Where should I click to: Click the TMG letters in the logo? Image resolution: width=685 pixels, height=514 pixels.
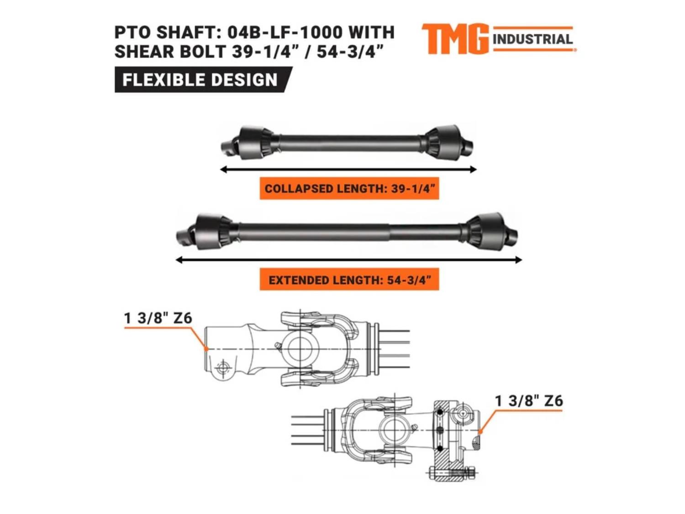455,39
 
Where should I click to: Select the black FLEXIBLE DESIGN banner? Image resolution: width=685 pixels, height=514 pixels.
203,79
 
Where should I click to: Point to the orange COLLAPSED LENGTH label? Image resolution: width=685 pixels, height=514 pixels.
349,189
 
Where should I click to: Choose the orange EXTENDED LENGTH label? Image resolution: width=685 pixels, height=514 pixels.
349,280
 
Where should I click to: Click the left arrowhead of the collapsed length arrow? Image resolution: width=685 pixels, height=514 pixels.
222,170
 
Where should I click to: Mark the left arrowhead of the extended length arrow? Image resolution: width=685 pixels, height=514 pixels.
179,260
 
